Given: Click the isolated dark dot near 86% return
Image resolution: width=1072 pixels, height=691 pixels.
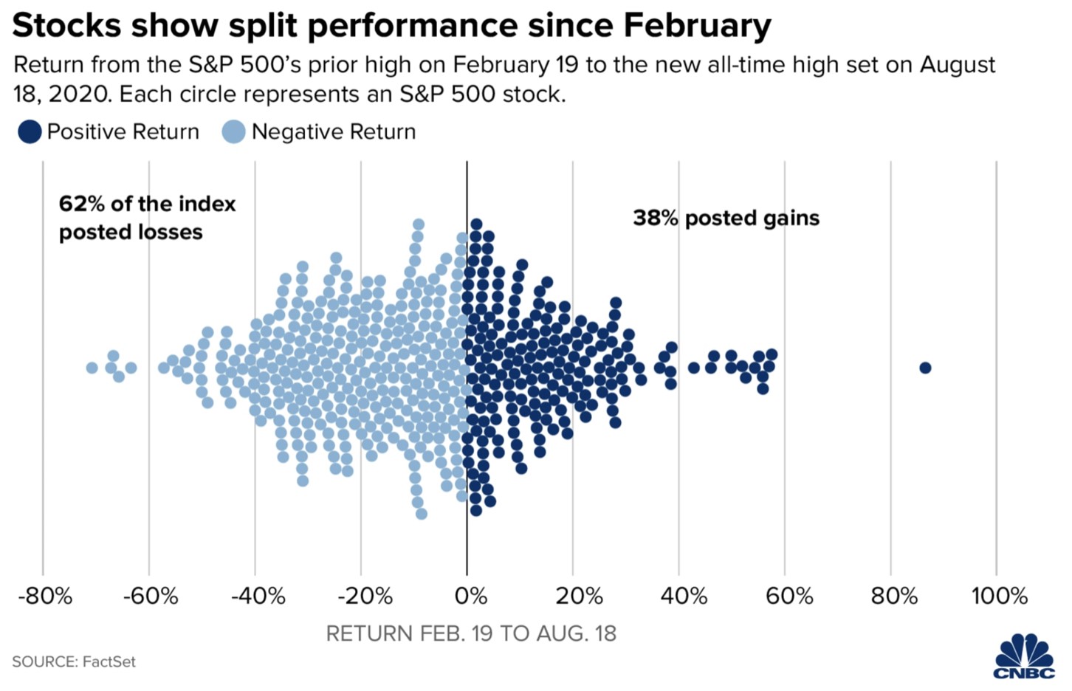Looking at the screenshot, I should coord(925,368).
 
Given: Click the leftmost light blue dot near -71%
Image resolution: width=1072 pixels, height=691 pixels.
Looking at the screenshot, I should coord(92,368).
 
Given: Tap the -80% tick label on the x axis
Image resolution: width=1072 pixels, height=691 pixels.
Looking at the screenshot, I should coord(45,597).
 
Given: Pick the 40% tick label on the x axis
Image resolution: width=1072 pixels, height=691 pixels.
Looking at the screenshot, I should coord(684,597).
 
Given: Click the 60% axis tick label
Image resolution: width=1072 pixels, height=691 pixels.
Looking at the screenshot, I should coord(789,597).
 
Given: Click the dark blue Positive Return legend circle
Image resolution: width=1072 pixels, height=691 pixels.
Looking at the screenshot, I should coord(30,132).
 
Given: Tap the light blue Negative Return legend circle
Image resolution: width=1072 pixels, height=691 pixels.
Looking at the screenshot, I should coord(233,132).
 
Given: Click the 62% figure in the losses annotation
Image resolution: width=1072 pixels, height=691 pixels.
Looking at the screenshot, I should coord(81,204).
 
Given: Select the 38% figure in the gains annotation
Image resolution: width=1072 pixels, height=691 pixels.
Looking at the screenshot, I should coord(655,219).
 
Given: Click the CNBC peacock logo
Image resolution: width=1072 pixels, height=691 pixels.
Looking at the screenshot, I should coord(1024,656).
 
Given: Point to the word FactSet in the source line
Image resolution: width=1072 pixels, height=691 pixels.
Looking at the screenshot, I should coord(109,662).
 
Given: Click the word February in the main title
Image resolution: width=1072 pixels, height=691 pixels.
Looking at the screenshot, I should coord(697,26).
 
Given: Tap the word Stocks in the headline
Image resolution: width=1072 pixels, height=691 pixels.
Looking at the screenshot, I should coord(66,26).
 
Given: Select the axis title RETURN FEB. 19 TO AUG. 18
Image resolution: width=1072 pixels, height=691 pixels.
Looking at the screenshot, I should coord(471,634).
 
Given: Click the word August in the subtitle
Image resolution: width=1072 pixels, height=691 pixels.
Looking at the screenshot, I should coord(958,65).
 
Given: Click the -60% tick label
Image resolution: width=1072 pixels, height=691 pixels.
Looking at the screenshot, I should coord(151,597).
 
